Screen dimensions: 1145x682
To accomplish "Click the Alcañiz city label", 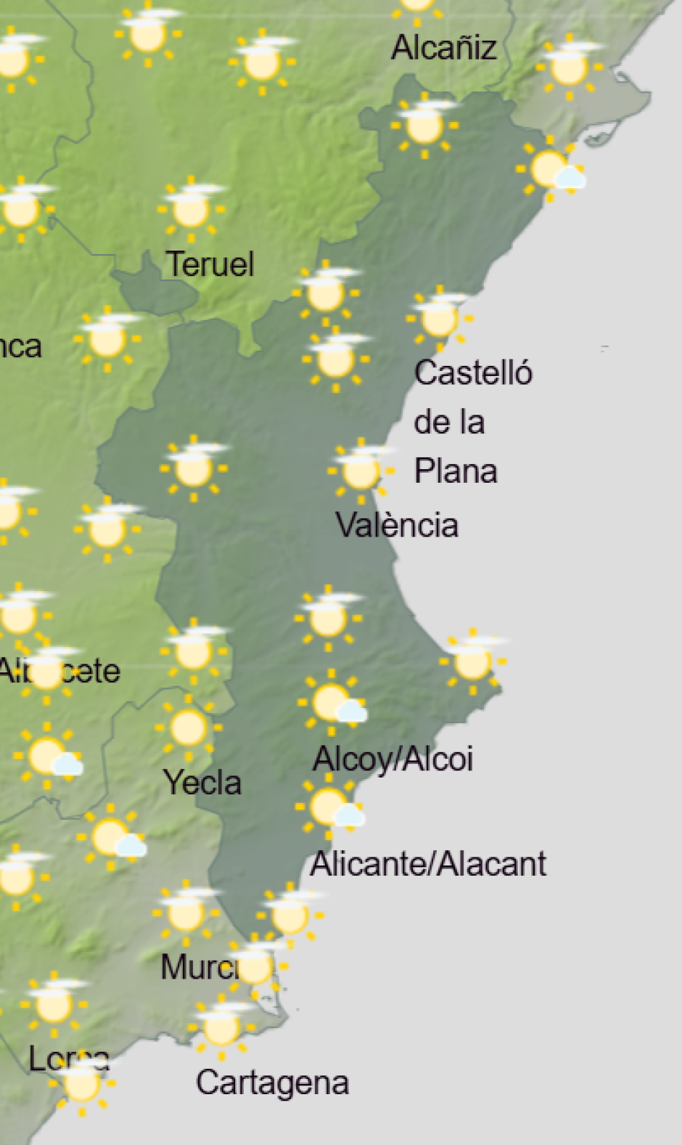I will click(444, 48).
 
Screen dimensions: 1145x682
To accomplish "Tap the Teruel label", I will click(210, 264).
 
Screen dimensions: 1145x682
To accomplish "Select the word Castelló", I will click(473, 373).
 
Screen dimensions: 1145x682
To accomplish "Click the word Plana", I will click(456, 471).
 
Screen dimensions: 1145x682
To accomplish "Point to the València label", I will click(397, 525).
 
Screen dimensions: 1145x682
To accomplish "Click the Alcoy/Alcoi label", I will click(393, 759).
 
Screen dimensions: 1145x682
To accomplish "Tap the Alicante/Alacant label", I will click(428, 864).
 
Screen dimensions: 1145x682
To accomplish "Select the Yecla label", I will click(202, 783).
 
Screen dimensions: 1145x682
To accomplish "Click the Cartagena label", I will click(272, 1083).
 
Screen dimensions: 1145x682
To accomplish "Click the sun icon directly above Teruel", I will click(191, 208).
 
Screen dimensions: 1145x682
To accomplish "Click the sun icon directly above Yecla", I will click(188, 727).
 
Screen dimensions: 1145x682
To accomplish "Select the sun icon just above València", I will click(360, 470).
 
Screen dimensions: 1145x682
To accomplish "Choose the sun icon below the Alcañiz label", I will click(424, 125).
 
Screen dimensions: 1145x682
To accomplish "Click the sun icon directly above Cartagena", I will click(221, 1027).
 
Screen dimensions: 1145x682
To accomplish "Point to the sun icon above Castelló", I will click(438, 318).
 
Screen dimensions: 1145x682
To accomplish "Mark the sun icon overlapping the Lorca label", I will click(81, 1084).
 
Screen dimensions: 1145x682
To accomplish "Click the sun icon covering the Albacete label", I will click(47, 671).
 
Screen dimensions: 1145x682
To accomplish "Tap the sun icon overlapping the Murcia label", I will click(254, 966).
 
